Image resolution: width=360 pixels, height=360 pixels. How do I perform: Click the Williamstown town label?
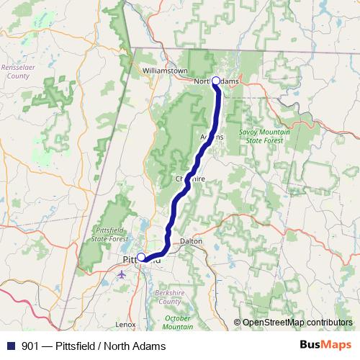point(165,71)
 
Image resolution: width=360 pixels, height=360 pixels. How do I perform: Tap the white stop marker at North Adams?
point(216,81)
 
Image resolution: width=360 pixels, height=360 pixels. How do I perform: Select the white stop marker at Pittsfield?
point(142,257)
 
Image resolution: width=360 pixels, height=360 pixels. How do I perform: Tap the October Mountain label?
point(178,322)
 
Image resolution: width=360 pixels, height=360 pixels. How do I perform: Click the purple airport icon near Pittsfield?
point(120,274)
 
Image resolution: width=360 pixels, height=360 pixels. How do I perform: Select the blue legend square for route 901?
point(11,346)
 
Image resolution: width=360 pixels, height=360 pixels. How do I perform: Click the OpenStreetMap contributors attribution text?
point(297,322)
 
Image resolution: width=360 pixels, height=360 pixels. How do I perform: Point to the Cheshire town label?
point(190,178)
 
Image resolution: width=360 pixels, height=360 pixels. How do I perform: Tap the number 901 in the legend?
point(31,346)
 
